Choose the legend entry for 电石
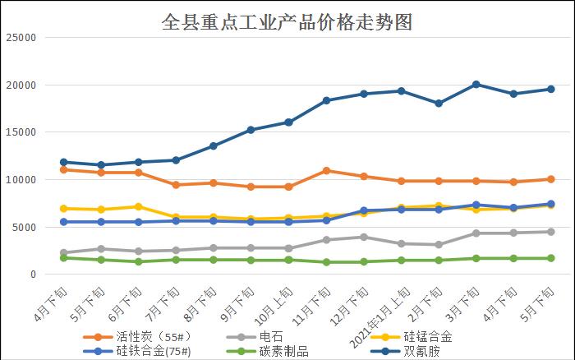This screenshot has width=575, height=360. tap(270, 337)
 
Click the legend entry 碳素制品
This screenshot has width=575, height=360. tap(283, 352)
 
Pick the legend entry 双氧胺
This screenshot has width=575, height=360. tap(421, 352)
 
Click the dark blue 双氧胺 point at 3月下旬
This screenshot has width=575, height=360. tap(476, 85)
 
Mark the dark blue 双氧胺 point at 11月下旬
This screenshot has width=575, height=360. tap(326, 100)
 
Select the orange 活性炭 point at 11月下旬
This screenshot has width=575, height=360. tap(326, 171)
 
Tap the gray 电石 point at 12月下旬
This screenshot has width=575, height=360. tap(363, 237)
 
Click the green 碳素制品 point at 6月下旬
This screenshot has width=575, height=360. tap(138, 261)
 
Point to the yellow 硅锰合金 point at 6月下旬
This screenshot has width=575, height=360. tap(138, 206)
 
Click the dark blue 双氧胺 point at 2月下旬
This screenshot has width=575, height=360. tap(438, 104)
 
